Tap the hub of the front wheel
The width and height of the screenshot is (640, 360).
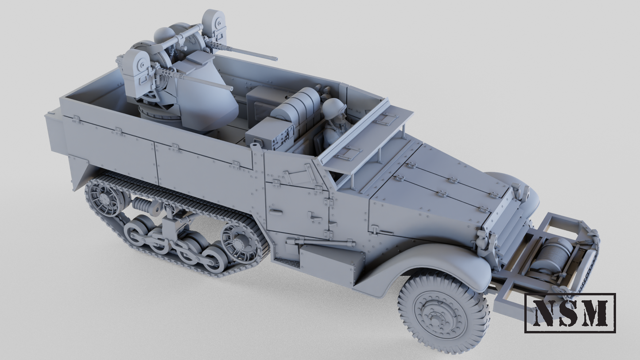click(438, 316)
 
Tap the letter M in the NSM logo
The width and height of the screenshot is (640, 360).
click(595, 313)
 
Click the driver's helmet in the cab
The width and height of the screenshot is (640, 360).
click(334, 108)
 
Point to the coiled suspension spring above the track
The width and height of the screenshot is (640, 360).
click(144, 205)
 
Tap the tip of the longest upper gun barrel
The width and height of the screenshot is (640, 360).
click(275, 59)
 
